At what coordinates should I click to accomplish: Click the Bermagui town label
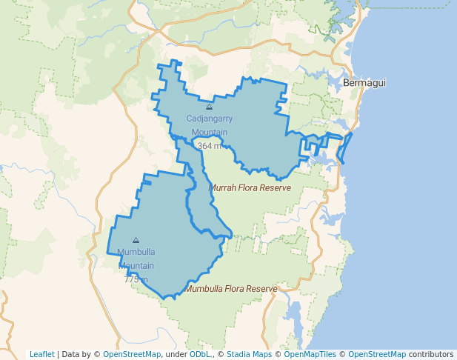(x=364, y=83)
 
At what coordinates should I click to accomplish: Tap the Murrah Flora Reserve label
(x=250, y=188)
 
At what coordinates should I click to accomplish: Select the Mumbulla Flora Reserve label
(x=231, y=288)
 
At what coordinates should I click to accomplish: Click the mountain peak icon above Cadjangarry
(x=209, y=107)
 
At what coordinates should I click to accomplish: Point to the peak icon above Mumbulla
(x=136, y=240)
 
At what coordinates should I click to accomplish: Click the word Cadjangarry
(x=209, y=119)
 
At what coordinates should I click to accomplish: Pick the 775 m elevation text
(x=136, y=279)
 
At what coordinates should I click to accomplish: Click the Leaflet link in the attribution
(x=42, y=354)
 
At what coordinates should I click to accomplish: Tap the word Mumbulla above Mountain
(x=136, y=252)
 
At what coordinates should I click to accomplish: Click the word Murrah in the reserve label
(x=223, y=188)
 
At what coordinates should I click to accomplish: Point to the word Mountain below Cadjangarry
(x=209, y=133)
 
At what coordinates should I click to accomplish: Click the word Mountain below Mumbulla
(x=136, y=266)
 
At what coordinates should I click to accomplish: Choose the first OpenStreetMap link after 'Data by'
(x=132, y=354)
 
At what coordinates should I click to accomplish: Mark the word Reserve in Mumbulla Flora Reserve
(x=261, y=288)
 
